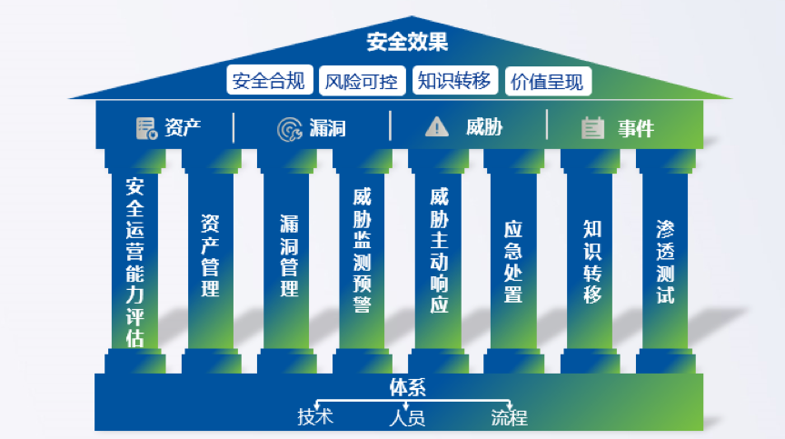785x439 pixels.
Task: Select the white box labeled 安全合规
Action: click(271, 81)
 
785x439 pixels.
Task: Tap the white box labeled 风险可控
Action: click(362, 82)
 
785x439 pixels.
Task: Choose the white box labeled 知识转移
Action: click(453, 81)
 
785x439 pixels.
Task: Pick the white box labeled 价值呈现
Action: click(547, 82)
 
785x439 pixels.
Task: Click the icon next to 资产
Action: click(146, 128)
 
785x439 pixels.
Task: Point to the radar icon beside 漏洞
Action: click(289, 128)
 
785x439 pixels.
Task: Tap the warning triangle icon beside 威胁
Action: click(437, 127)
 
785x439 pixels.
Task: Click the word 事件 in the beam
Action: click(636, 128)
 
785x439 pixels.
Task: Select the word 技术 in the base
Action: click(315, 417)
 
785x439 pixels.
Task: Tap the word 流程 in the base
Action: click(509, 417)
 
